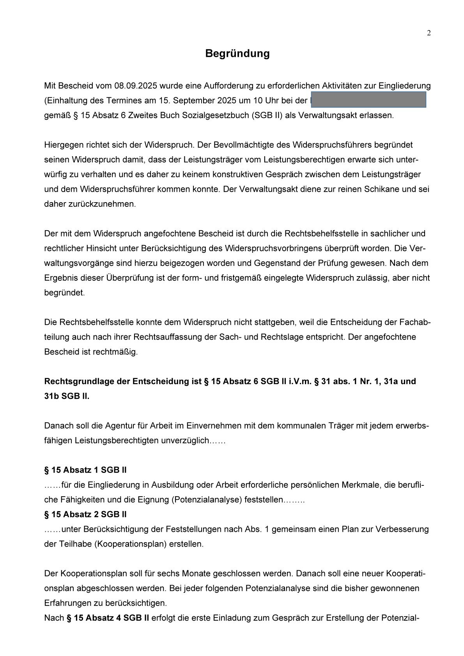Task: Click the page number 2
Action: [429, 33]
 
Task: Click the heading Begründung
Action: [237, 53]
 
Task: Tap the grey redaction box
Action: [368, 100]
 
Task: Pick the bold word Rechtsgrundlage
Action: [79, 381]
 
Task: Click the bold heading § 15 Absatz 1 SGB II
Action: [85, 470]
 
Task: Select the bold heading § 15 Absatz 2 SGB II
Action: [85, 515]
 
